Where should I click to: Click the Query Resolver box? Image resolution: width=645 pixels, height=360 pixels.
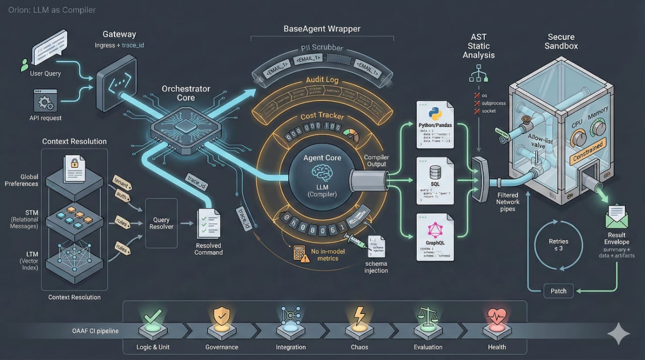pyautogui.click(x=162, y=223)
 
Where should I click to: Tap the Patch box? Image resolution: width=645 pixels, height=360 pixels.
pyautogui.click(x=558, y=290)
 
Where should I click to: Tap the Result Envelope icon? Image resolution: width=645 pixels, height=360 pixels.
pyautogui.click(x=617, y=215)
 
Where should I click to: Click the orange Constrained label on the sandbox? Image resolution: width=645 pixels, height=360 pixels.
pyautogui.click(x=588, y=151)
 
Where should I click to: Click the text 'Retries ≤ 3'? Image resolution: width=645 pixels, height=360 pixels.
pyautogui.click(x=558, y=245)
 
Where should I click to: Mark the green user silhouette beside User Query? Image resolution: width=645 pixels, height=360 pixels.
pyautogui.click(x=24, y=65)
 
